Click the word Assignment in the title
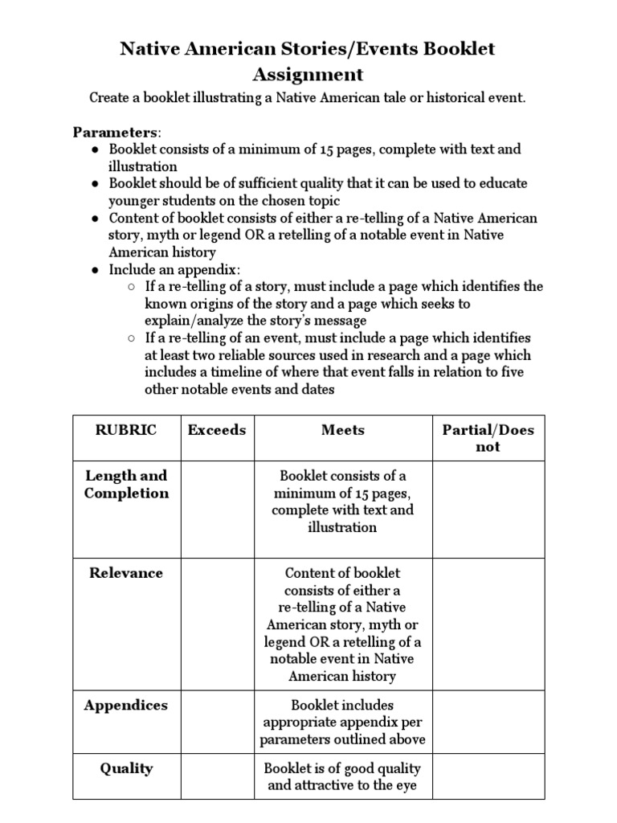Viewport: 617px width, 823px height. [308, 75]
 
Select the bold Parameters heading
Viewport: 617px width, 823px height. [116, 131]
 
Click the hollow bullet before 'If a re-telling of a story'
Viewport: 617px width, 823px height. [131, 287]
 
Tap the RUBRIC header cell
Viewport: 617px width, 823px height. [126, 430]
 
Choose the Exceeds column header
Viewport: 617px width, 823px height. [217, 430]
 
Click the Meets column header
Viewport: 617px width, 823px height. [342, 430]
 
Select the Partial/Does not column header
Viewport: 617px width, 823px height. [488, 438]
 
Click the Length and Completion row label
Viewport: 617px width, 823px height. [126, 485]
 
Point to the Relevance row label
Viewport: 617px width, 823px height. [126, 573]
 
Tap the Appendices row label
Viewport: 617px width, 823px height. [126, 705]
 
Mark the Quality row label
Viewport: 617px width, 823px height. [126, 768]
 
